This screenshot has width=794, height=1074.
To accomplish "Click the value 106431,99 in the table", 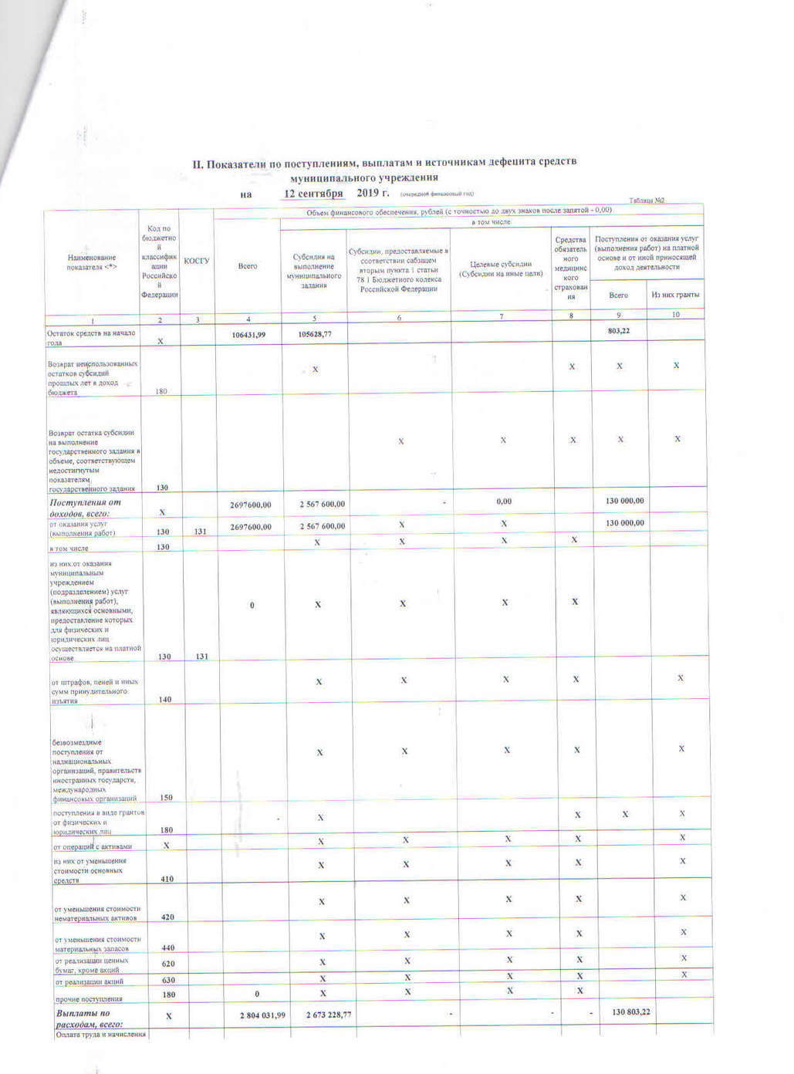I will point(248,334).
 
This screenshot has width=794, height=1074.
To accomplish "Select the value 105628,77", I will point(314,334).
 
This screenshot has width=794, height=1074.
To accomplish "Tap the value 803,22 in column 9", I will point(619,330).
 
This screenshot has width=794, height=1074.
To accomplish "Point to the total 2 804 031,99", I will point(262,1015).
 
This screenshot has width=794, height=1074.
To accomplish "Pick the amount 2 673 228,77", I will point(329,1015).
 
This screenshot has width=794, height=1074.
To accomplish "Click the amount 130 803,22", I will point(630,1012).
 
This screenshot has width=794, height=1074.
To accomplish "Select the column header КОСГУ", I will point(197,261).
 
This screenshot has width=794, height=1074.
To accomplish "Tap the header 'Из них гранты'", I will point(675,295).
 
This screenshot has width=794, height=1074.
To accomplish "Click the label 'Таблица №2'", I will point(647,201).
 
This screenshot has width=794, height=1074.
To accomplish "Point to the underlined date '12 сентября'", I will point(314,193).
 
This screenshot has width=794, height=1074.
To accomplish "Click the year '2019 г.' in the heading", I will point(373,192).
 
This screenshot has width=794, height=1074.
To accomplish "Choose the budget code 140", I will point(164,699).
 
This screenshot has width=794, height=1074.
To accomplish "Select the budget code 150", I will point(166,797).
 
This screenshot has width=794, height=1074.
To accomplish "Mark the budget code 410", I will point(167,879).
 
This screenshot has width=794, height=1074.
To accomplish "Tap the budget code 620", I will point(168,964).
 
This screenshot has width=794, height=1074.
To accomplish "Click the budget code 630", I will point(168,981).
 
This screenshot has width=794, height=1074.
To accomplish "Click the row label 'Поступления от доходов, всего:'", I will point(85,508).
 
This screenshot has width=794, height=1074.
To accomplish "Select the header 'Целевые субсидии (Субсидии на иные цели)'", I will point(501,268).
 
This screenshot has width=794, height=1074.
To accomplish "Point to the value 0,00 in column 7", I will point(503,502).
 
